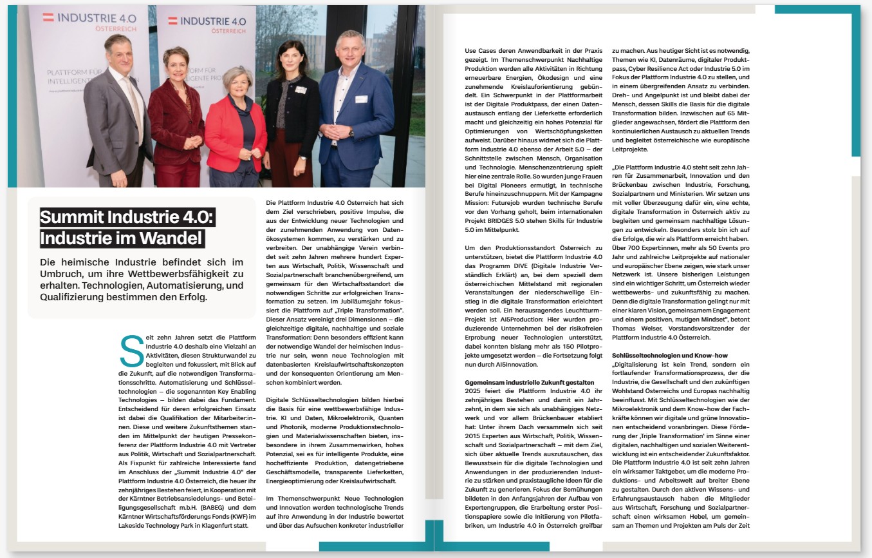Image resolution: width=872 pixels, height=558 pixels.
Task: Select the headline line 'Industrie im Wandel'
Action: [x=122, y=238]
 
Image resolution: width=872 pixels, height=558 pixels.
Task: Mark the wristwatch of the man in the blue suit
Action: [x=351, y=133]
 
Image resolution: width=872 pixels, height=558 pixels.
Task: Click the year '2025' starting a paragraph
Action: [x=474, y=392]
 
